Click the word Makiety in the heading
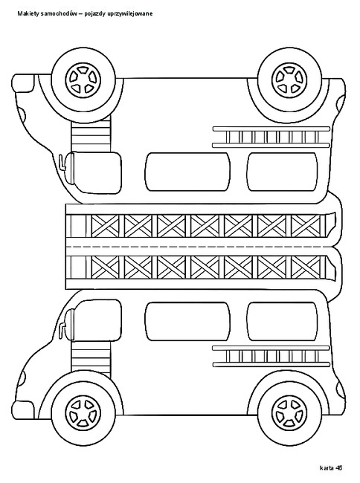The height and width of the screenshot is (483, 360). pyautogui.click(x=26, y=13)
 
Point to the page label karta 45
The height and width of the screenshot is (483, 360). pyautogui.click(x=331, y=467)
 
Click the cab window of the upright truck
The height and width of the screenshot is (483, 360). pyautogui.click(x=97, y=320)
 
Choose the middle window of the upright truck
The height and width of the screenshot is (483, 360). pyautogui.click(x=187, y=321)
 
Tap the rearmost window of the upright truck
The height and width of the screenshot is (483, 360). pyautogui.click(x=283, y=321)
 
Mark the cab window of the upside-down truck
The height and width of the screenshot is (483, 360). pyautogui.click(x=97, y=173)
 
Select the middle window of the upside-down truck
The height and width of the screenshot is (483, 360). pyautogui.click(x=187, y=172)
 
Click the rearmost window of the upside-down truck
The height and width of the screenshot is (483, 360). pyautogui.click(x=283, y=172)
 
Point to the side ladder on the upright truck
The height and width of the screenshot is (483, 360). pyautogui.click(x=271, y=356)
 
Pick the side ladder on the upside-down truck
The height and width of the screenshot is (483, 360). pyautogui.click(x=271, y=137)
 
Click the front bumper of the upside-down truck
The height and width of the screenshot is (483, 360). pyautogui.click(x=23, y=82)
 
